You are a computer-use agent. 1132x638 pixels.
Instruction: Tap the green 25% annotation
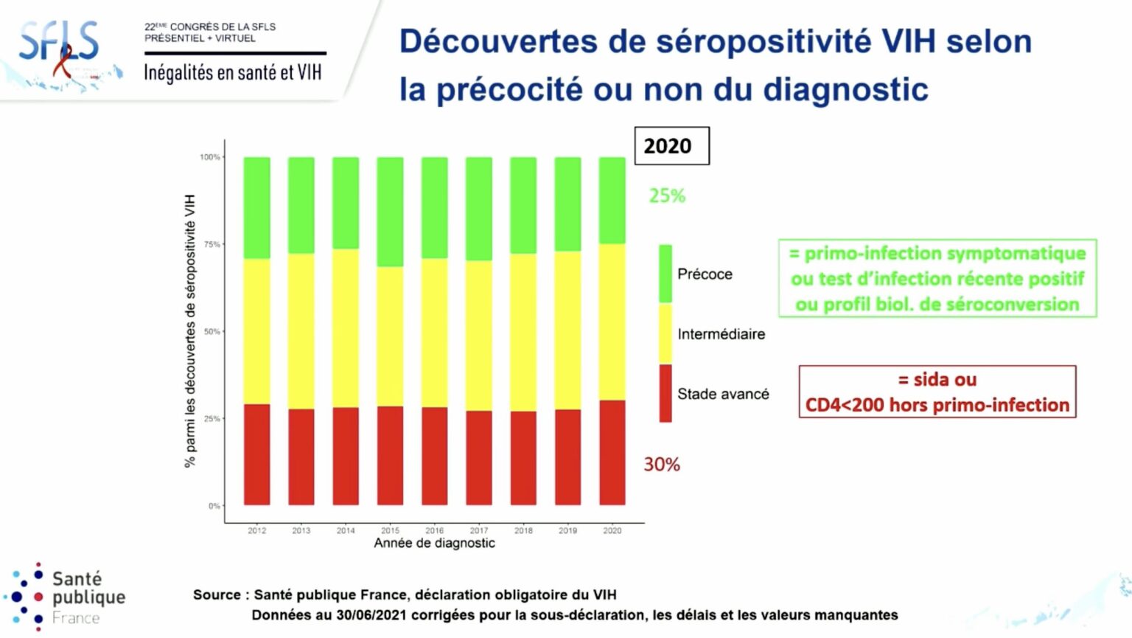point(667,195)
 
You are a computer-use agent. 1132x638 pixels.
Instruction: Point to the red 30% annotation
point(662,464)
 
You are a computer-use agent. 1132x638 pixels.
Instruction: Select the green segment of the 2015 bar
point(390,212)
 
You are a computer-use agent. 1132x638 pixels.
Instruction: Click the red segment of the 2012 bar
point(256,454)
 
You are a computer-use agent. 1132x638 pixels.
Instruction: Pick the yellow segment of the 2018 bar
point(523,332)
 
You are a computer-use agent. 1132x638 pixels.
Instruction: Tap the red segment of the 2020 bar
point(612,452)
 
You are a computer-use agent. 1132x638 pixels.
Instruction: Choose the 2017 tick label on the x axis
point(479,530)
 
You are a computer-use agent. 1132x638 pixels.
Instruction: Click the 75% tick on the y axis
point(212,244)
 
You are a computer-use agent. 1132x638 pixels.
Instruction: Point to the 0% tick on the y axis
point(214,506)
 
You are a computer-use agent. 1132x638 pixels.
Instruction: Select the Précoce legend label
point(705,274)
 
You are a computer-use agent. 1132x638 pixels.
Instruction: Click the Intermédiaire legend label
point(721,334)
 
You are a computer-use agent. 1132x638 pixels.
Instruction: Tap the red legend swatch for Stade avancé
point(665,393)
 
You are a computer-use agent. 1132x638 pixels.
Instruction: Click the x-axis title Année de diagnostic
point(434,544)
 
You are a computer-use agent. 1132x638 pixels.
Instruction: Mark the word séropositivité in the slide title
point(764,41)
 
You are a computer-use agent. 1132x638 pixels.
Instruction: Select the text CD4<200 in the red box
point(845,405)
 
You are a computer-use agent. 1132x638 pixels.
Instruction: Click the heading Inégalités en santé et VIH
point(232,72)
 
